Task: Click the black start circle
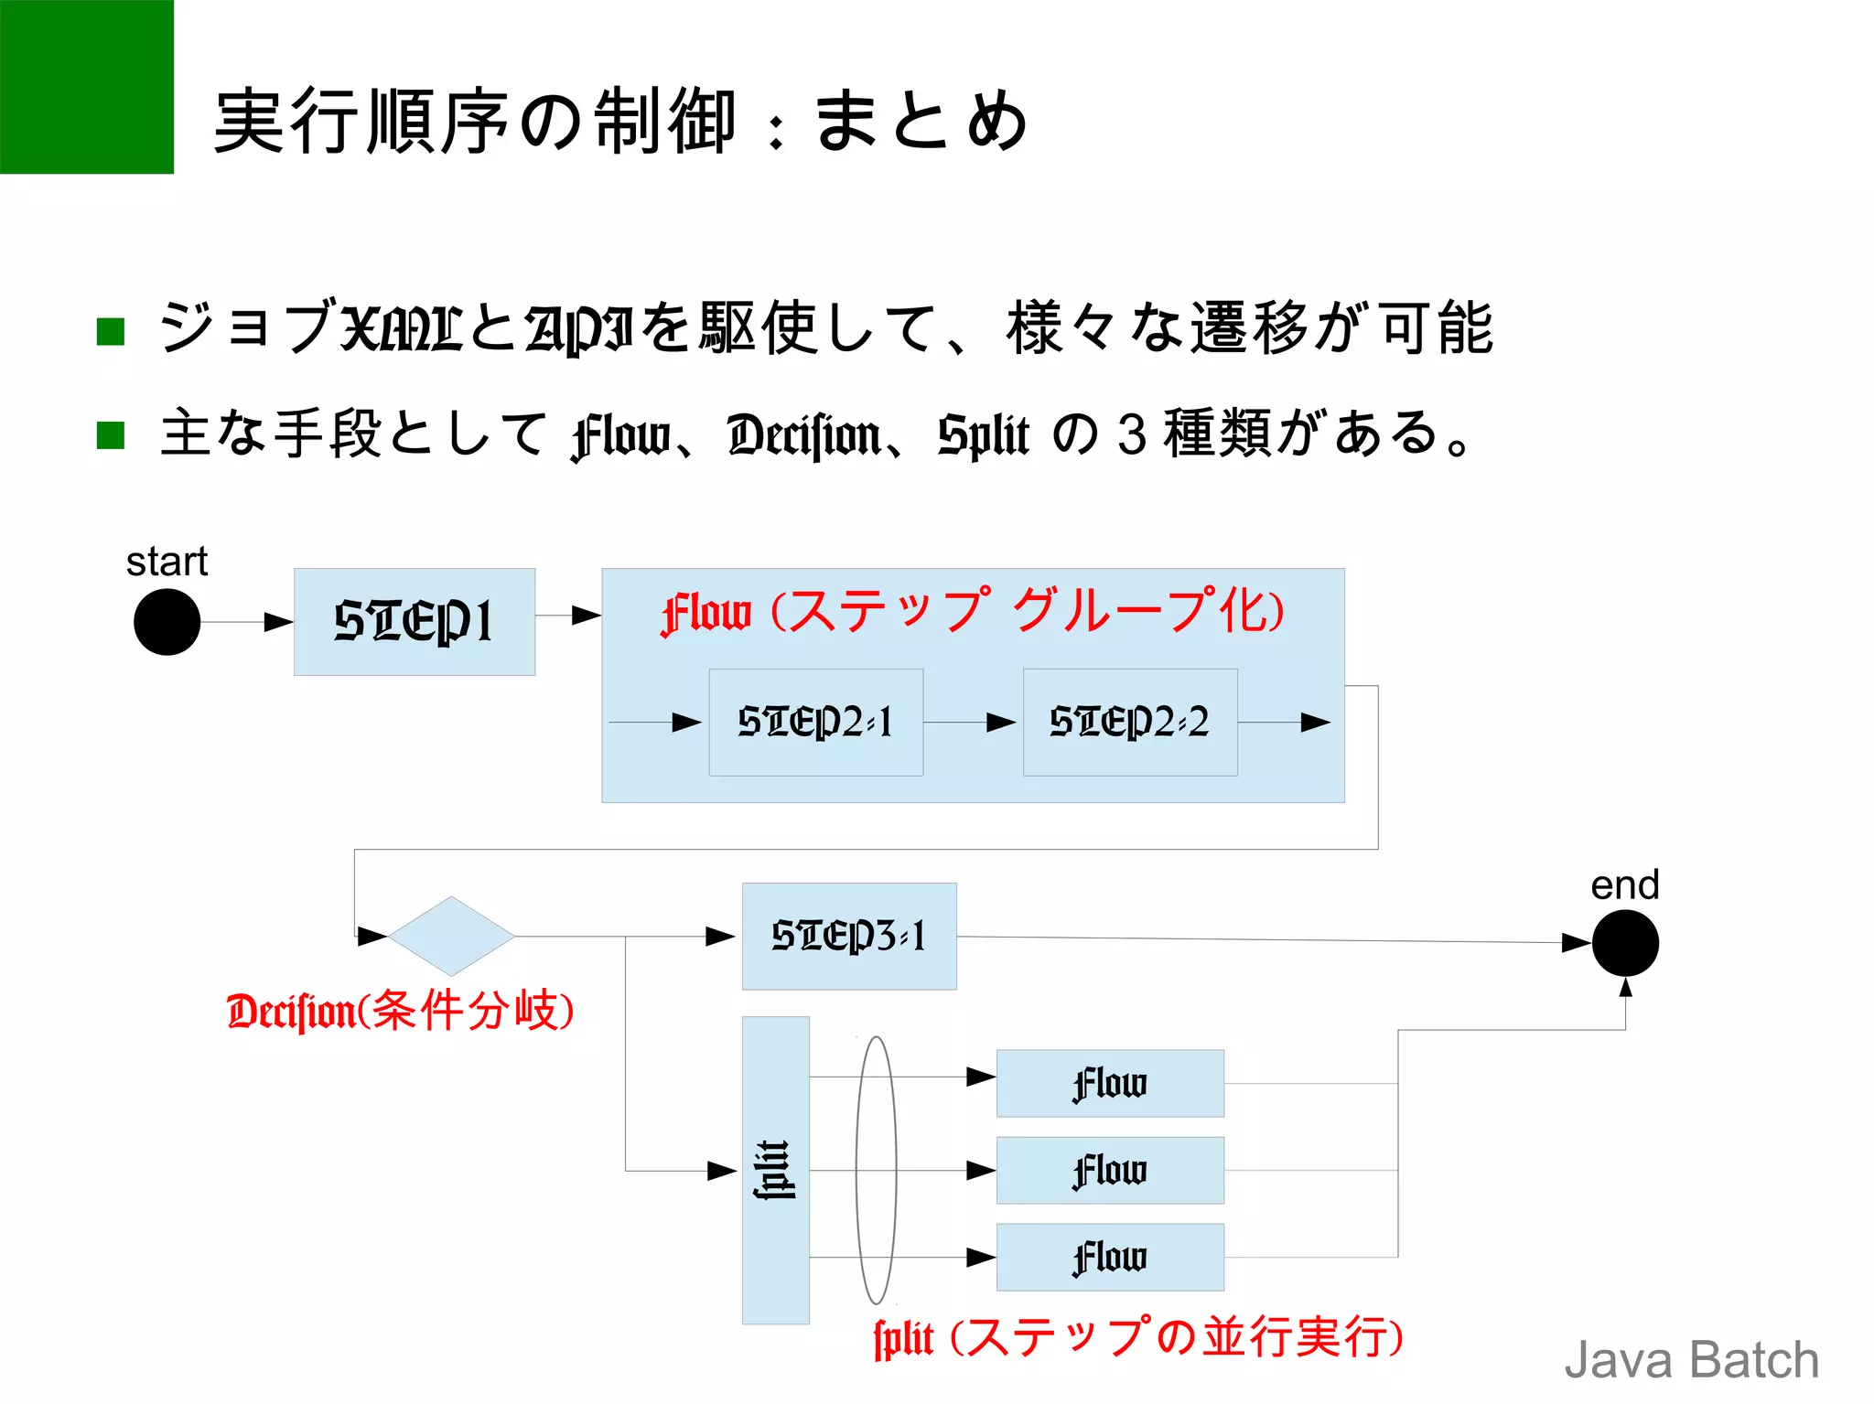pos(167,622)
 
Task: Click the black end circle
pos(1625,943)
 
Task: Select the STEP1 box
pos(414,622)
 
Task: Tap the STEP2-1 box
pos(815,722)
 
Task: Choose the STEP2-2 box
pos(1129,722)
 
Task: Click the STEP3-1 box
pos(848,936)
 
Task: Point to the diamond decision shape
pos(451,936)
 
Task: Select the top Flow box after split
pos(1109,1083)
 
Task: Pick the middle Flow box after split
pos(1109,1170)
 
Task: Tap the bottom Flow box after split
pos(1109,1257)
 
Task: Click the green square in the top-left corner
pos(86,86)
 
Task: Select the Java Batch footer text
pos(1691,1360)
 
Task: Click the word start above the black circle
pos(167,562)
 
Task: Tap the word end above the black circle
pos(1624,885)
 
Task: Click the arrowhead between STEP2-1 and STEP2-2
pos(1002,723)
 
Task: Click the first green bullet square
pos(111,331)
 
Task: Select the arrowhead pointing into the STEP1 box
pos(278,622)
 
